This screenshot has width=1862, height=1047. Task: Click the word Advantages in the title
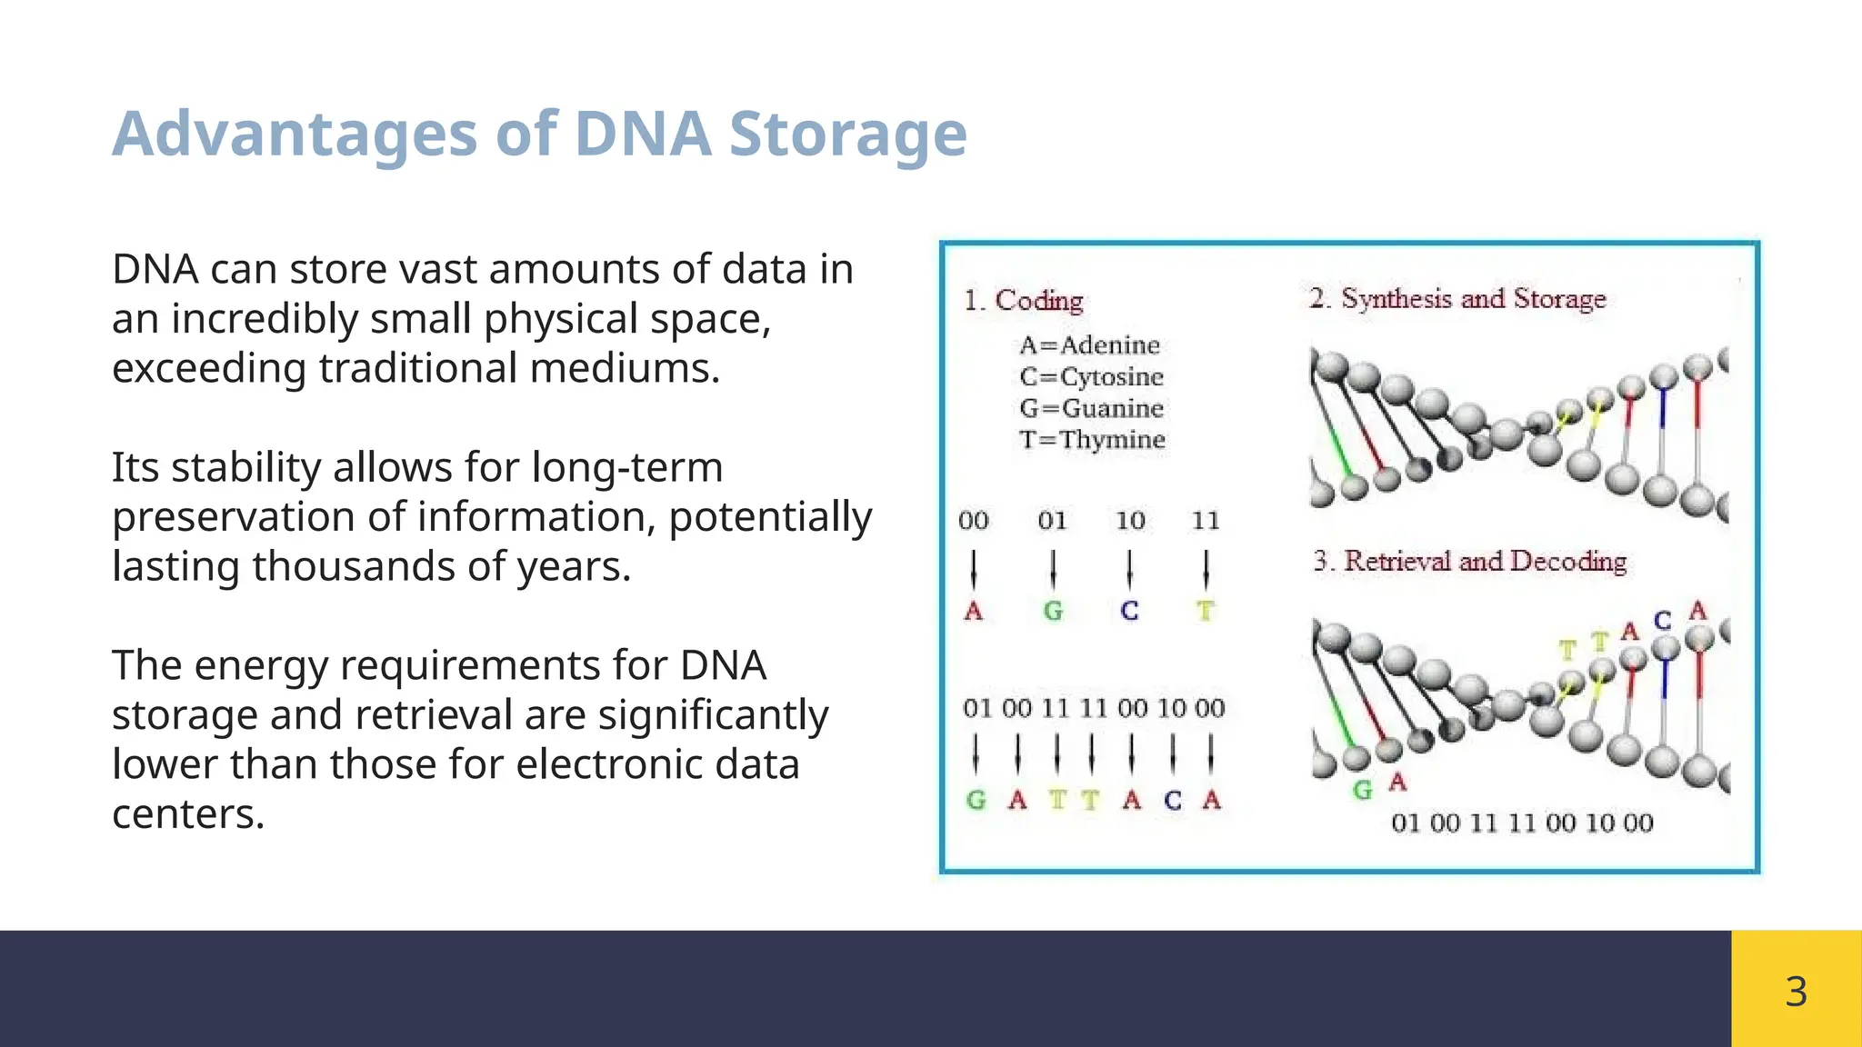point(295,135)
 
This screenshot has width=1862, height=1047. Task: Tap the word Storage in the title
point(847,135)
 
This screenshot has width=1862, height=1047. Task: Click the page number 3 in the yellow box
point(1796,991)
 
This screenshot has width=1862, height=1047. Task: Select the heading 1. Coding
point(1024,301)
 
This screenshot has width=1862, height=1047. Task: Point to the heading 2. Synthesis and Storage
point(1457,299)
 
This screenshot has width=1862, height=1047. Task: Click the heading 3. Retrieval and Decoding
point(1469,562)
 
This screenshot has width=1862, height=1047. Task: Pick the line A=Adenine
point(1089,346)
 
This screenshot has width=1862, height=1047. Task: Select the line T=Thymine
point(1092,440)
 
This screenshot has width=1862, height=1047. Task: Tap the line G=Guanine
point(1091,409)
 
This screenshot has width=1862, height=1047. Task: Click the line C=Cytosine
point(1091,377)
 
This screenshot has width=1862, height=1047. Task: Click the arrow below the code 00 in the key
point(974,570)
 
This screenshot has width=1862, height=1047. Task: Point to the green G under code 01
point(1053,611)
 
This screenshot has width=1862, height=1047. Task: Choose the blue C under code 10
point(1129,611)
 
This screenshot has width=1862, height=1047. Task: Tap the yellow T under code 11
point(1206,611)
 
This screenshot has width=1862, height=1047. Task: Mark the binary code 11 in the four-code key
point(1206,521)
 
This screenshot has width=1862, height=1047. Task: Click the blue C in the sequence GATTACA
point(1173,801)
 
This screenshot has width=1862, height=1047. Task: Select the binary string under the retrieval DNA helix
point(1522,823)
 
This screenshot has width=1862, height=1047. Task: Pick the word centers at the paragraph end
point(187,813)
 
